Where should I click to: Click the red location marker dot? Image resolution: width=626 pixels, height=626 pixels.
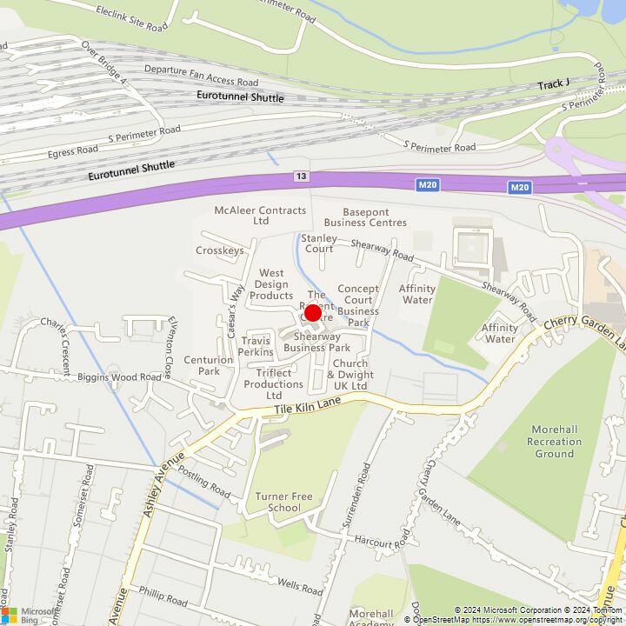(x=314, y=312)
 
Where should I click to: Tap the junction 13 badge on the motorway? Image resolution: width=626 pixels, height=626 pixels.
(x=301, y=176)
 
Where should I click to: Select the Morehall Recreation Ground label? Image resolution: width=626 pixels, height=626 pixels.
(x=555, y=442)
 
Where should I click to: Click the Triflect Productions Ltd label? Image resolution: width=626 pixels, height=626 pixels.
(x=275, y=383)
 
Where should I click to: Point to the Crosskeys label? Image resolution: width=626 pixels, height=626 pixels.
(x=220, y=250)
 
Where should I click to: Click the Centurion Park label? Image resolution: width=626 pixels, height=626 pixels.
(x=209, y=365)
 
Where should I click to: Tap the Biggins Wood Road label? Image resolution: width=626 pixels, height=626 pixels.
(x=119, y=377)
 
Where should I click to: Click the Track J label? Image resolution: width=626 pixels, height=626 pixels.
(x=553, y=84)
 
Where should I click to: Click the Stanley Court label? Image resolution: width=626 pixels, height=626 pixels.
(x=318, y=243)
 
